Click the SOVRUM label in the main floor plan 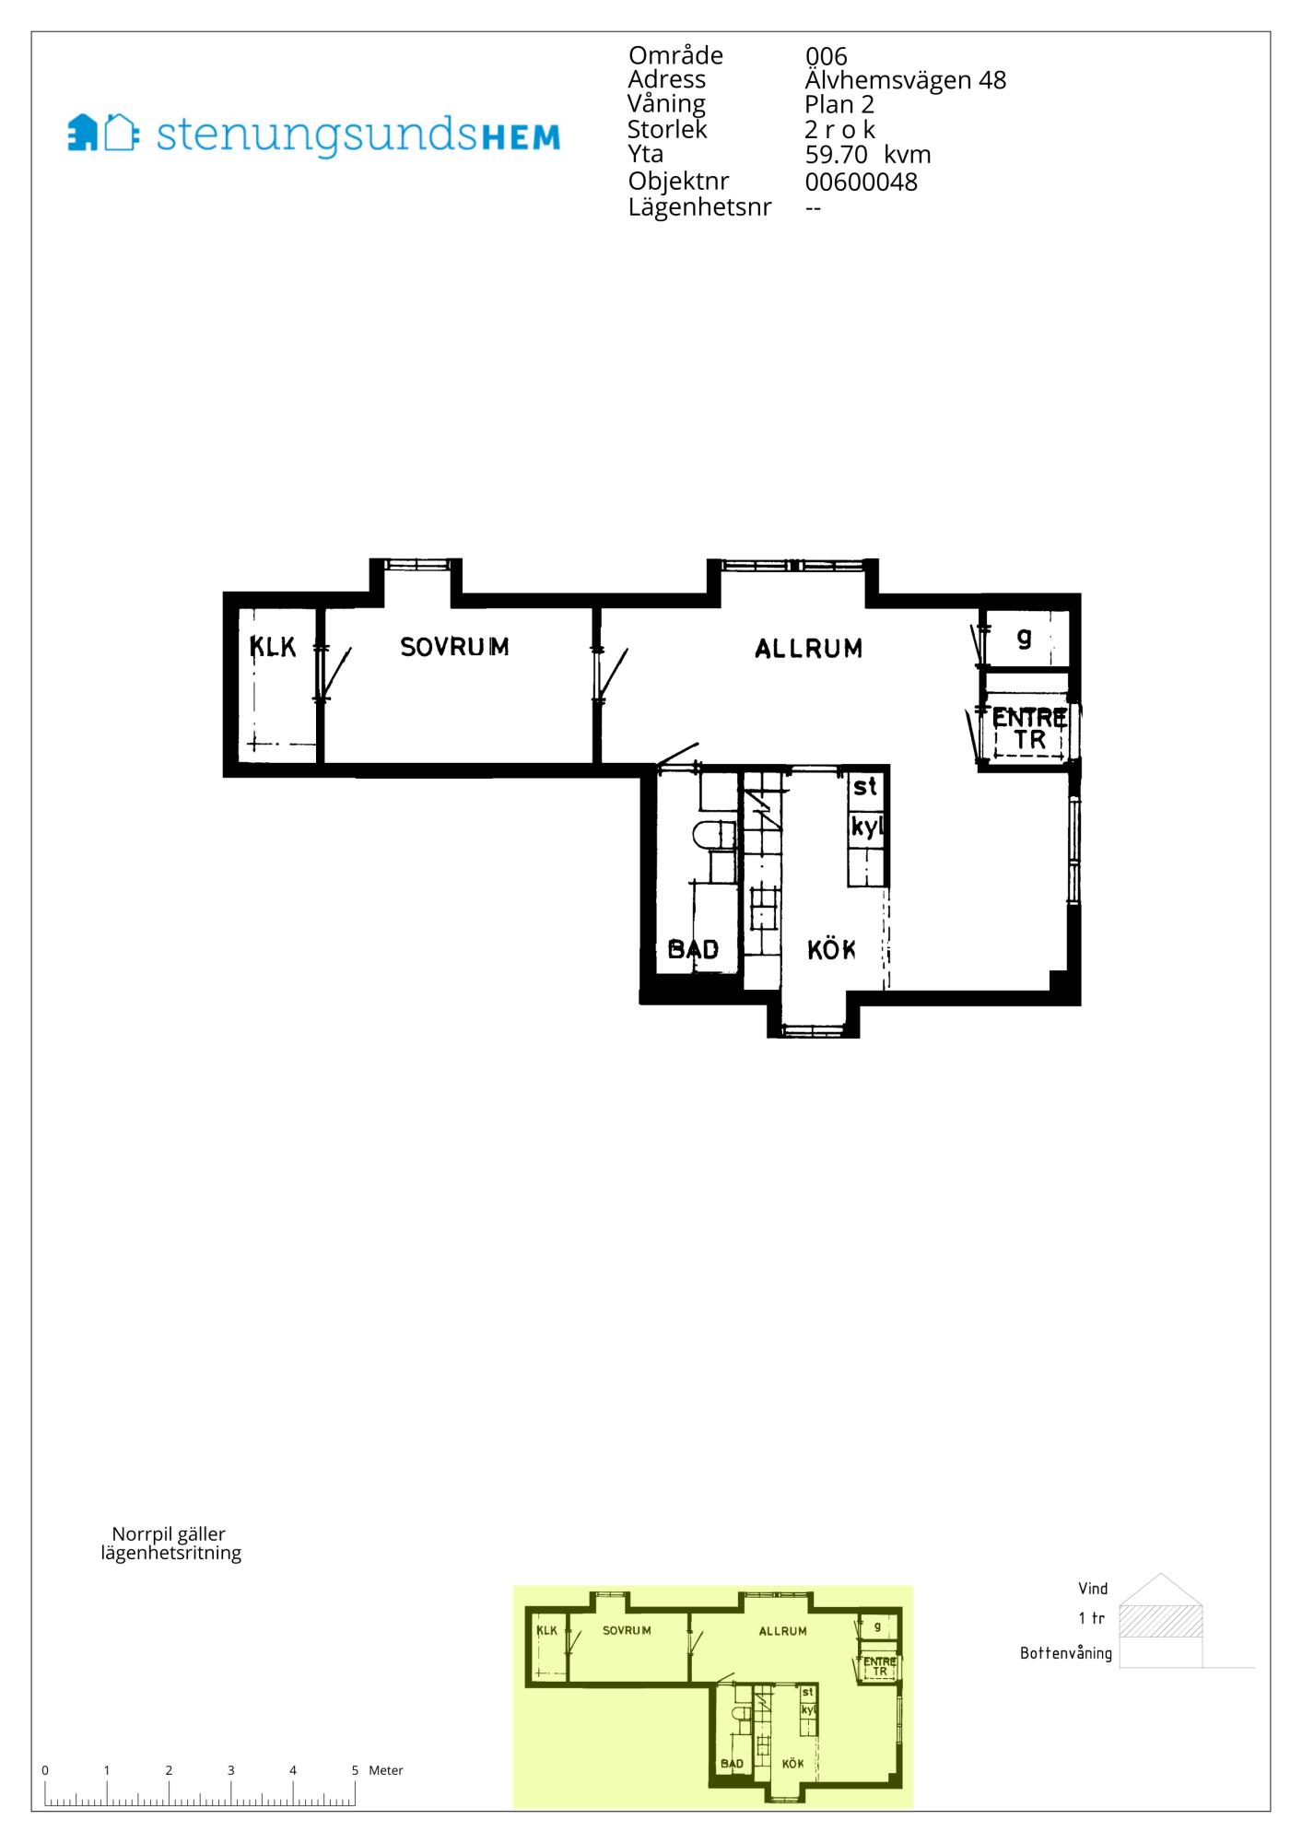454,647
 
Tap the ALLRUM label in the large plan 808,649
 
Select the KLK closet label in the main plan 273,647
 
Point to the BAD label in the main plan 693,949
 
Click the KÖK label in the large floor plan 831,949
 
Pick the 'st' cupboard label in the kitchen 865,787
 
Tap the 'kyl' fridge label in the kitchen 867,827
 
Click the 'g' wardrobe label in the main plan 1024,637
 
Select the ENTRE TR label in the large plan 1029,728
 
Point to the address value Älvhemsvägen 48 905,80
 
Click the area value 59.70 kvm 868,155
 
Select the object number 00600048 862,182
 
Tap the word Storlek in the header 667,129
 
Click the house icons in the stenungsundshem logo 103,133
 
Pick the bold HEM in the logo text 521,137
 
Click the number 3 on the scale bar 230,1770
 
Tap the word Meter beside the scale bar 386,1770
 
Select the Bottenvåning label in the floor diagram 1066,1653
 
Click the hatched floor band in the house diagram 1161,1621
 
